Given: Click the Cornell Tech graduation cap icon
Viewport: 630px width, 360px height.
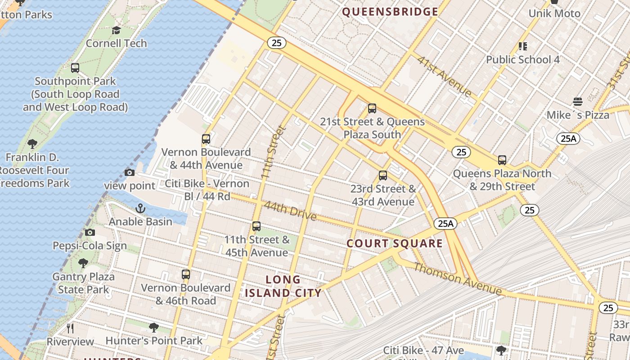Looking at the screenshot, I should click(x=116, y=30).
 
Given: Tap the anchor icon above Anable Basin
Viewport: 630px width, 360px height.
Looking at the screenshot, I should click(x=140, y=208).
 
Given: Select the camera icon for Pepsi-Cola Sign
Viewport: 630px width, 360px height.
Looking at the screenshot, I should click(x=90, y=233).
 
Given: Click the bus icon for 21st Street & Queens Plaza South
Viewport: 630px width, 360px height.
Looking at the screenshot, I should click(x=372, y=108).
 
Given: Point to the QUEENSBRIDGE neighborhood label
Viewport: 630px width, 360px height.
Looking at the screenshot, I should click(x=390, y=12).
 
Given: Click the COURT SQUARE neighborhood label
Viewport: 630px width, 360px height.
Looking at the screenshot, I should click(x=395, y=243).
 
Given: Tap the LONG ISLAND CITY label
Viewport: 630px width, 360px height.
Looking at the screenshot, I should click(x=283, y=286).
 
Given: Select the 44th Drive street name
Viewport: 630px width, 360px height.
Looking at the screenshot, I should click(x=290, y=210).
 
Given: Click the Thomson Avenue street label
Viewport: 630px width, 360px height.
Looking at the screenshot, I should click(x=457, y=279).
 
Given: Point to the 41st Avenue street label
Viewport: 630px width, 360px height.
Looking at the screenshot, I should click(x=444, y=76).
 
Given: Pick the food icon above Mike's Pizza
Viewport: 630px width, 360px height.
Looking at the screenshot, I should click(x=578, y=102).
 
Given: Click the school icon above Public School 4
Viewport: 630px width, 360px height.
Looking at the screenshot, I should click(x=522, y=46).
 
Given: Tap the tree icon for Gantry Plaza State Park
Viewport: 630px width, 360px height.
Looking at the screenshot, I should click(x=83, y=263).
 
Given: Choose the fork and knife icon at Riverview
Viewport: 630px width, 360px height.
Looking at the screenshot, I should click(x=70, y=328).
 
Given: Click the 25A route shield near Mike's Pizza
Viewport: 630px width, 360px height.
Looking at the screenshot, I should click(x=568, y=138).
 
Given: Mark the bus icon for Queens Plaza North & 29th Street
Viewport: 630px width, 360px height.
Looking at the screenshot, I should click(x=502, y=160).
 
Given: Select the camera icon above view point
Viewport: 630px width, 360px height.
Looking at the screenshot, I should click(x=130, y=172).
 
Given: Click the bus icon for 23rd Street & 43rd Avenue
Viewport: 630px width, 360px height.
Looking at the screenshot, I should click(x=383, y=175).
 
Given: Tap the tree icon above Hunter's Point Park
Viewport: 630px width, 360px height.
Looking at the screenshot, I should click(x=154, y=327).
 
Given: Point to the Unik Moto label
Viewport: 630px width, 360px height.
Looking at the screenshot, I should click(x=554, y=13).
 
